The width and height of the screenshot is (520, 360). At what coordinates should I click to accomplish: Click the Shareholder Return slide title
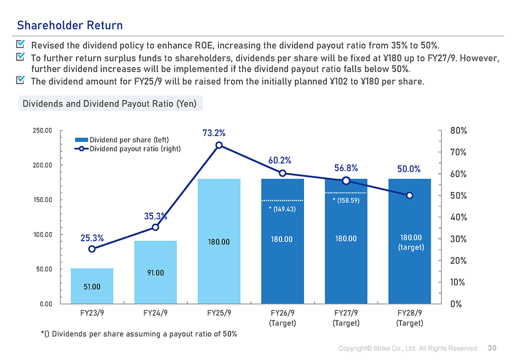70,25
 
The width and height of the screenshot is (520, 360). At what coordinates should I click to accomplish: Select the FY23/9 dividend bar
92,286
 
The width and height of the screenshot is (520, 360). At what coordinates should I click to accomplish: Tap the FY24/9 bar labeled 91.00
156,272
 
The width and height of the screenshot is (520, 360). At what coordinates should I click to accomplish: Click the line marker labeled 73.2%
219,145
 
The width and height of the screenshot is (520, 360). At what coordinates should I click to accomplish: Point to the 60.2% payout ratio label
280,160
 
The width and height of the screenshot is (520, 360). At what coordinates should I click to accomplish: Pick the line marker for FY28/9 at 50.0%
410,196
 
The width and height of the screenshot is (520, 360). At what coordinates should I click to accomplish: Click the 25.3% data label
92,238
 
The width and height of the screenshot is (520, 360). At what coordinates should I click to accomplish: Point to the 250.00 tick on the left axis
42,131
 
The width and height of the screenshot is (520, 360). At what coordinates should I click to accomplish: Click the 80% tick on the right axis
458,131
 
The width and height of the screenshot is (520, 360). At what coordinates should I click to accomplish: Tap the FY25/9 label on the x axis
219,313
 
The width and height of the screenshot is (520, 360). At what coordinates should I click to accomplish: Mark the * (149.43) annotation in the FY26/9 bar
282,209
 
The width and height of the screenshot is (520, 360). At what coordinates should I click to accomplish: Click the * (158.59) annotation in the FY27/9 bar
346,201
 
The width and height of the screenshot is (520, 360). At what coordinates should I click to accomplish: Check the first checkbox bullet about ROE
21,45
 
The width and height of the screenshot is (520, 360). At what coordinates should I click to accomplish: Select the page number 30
492,348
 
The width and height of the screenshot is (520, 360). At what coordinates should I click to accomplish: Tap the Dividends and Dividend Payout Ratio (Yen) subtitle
109,104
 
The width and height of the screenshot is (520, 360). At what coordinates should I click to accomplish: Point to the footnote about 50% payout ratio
139,334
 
